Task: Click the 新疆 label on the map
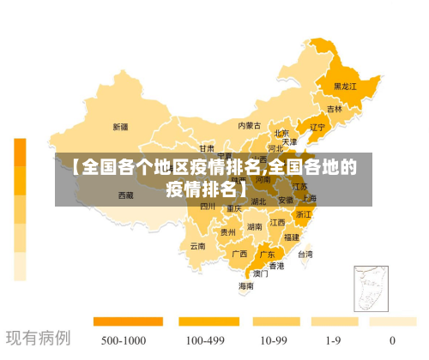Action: [x=120, y=127]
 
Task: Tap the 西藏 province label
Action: [x=126, y=195]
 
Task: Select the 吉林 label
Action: [x=334, y=110]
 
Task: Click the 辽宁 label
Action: [x=317, y=128]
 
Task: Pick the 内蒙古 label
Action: [x=249, y=125]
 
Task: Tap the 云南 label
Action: [x=197, y=246]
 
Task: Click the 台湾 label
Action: [x=305, y=255]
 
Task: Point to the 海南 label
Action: [x=246, y=285]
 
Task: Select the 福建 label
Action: [x=292, y=237]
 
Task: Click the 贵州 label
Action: [x=227, y=231]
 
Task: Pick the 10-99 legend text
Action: [x=273, y=340]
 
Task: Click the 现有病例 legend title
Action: [x=38, y=338]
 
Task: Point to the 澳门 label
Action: [x=260, y=273]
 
